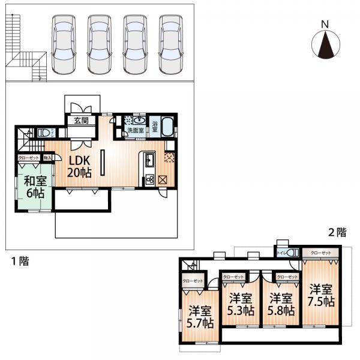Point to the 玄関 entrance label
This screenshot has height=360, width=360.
81,121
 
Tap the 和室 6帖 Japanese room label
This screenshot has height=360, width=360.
33,187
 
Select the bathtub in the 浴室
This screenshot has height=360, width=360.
168,127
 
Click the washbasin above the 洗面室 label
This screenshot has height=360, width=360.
139,119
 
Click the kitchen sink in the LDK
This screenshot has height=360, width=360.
148,160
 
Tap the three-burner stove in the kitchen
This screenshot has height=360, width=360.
148,179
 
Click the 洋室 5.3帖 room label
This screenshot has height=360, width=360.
241,304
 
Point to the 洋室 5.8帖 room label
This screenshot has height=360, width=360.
281,304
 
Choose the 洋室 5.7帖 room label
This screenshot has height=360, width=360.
200,316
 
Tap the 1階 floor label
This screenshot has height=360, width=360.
17,262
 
